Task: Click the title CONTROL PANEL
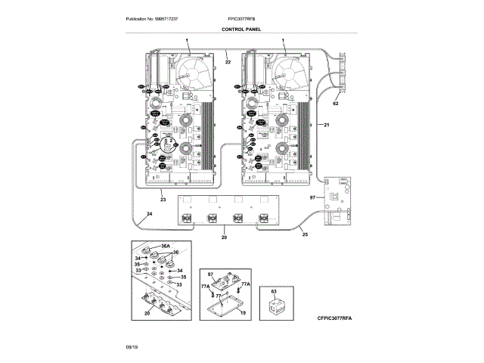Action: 241,29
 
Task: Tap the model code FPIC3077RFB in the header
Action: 241,18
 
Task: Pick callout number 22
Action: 228,61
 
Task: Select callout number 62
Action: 336,103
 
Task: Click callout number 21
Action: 326,124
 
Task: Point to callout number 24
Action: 149,216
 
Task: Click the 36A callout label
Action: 166,246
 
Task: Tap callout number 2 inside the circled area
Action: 172,141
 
